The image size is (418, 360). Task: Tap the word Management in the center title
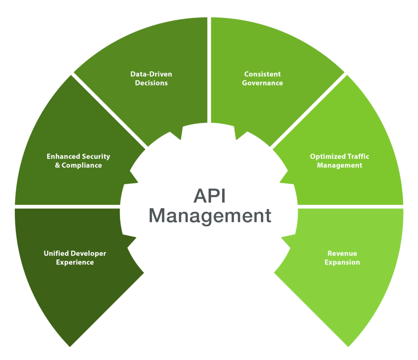point(210,215)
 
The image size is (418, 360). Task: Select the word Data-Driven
point(151,74)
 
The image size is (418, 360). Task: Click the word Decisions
point(151,83)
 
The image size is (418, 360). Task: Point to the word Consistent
point(262,74)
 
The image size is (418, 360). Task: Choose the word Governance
point(262,83)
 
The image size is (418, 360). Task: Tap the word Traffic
point(358,156)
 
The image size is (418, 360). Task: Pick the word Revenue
point(342,253)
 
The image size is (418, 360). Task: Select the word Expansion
point(342,262)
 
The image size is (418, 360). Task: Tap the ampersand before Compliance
point(58,165)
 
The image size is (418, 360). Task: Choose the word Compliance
point(82,165)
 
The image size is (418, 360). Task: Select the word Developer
point(88,253)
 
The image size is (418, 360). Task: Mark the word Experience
point(75,262)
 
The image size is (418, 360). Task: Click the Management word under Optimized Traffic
point(340,165)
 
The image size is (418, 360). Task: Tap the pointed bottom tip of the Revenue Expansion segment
point(348,347)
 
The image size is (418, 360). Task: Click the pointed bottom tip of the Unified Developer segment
point(70,347)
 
